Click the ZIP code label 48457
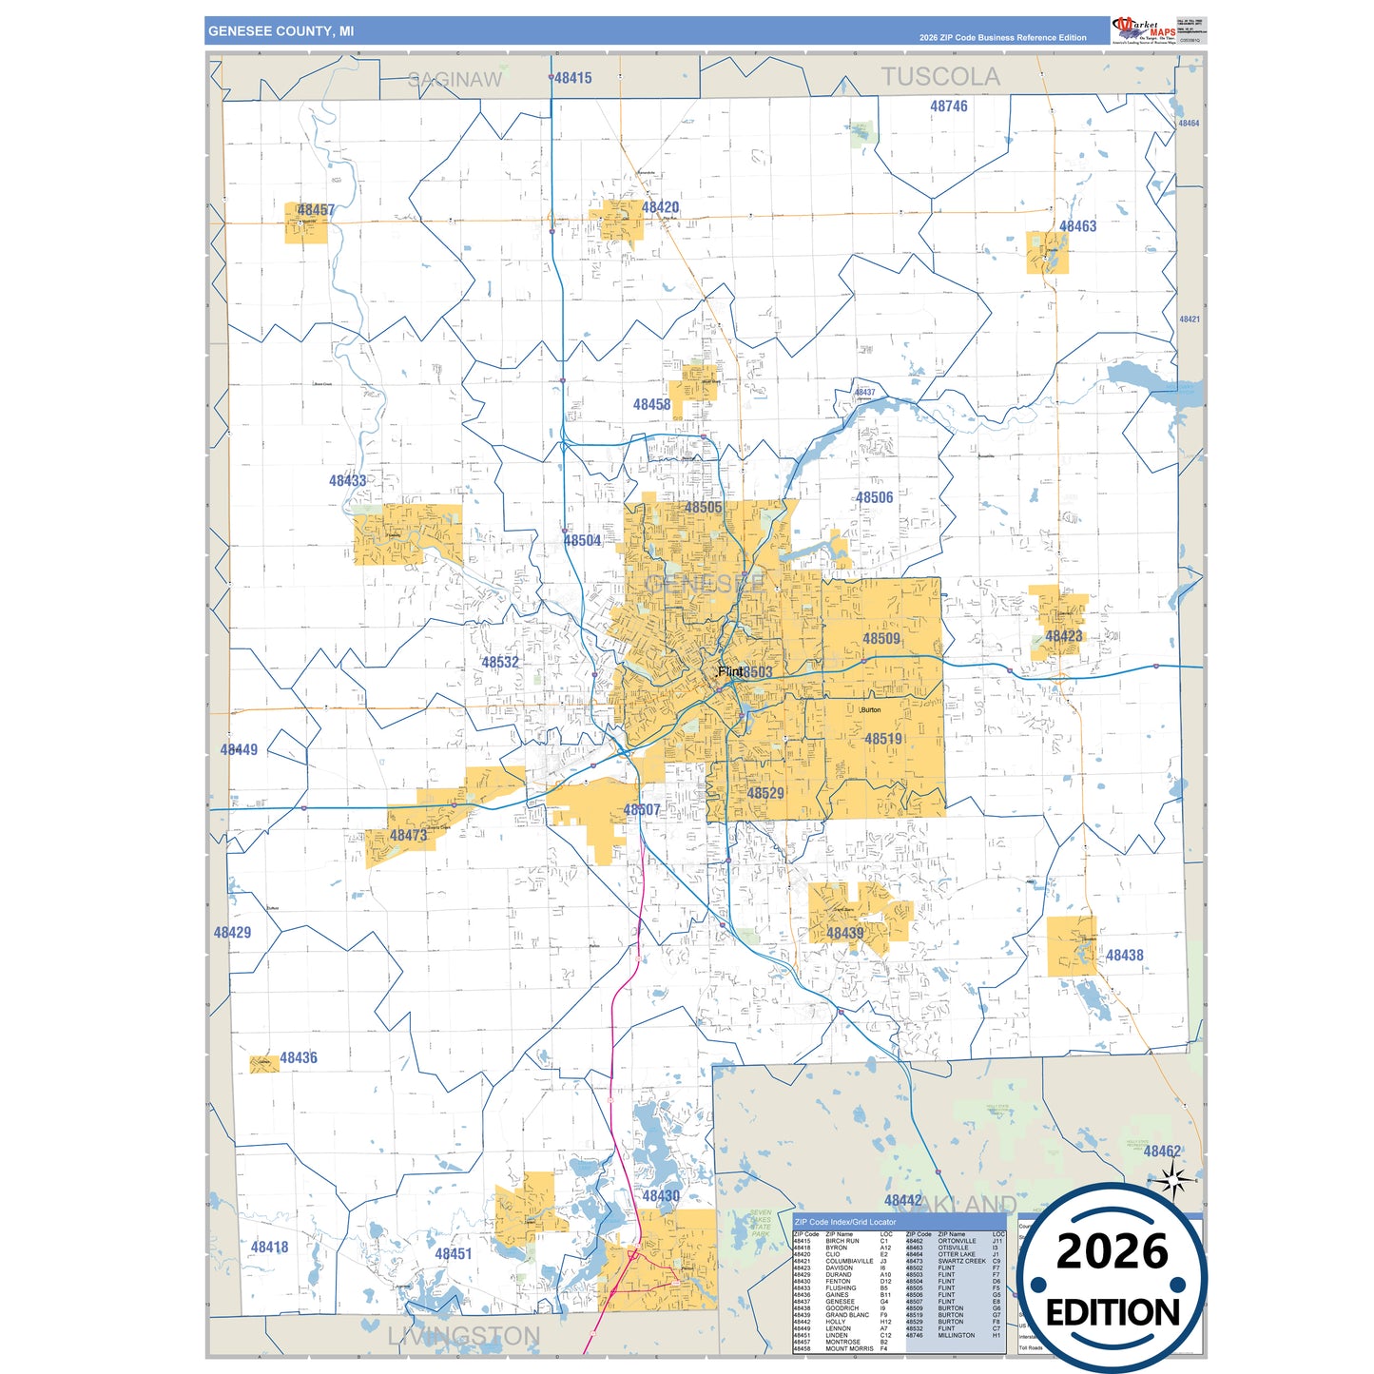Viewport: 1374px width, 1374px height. point(316,210)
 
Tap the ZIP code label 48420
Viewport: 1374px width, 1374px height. point(660,207)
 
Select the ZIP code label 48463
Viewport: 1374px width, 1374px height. point(1077,226)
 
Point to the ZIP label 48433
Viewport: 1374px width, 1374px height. point(347,481)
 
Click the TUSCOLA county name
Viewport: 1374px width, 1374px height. point(939,77)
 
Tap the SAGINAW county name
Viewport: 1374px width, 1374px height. point(455,80)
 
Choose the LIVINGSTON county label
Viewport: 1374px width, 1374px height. point(464,1336)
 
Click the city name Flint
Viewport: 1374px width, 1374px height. point(730,671)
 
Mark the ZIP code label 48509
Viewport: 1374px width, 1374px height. point(881,639)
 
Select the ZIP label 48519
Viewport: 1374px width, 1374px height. point(883,739)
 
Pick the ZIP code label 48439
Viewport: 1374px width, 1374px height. point(844,933)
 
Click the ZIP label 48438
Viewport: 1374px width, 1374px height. point(1124,956)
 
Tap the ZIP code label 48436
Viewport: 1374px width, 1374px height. point(298,1057)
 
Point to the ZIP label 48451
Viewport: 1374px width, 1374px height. point(453,1254)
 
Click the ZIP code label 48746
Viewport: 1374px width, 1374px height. point(948,106)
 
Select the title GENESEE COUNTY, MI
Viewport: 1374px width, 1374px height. point(281,31)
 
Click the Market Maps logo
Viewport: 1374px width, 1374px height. point(1143,29)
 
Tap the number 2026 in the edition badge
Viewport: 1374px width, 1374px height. point(1112,1251)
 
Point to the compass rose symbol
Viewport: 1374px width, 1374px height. point(1174,1182)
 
